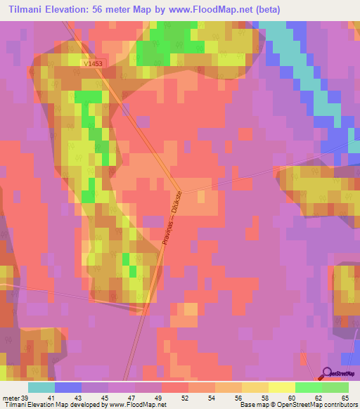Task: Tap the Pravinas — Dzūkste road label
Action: point(173,217)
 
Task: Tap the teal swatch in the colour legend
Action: point(41,387)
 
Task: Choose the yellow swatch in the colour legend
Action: point(282,387)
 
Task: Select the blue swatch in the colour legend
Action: point(68,387)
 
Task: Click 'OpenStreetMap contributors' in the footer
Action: point(320,405)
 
